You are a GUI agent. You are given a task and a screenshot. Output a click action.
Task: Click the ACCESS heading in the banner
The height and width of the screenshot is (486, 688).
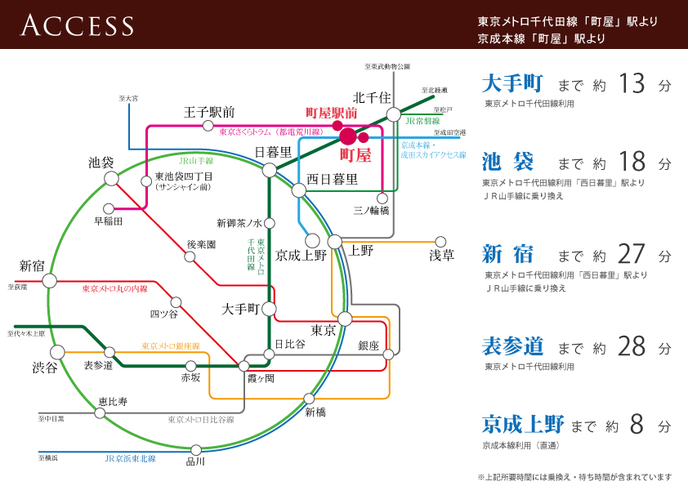click(78, 25)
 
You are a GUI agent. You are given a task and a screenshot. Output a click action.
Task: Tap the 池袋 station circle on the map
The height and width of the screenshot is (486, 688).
click(110, 181)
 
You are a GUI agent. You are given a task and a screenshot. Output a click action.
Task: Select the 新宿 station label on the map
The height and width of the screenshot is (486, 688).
click(33, 265)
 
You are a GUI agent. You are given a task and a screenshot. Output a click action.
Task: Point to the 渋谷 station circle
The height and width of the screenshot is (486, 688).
click(57, 352)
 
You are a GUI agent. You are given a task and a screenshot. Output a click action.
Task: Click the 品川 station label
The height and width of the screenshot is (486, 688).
click(196, 462)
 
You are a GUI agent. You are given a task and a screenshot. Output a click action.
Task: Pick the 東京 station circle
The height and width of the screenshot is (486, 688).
click(345, 319)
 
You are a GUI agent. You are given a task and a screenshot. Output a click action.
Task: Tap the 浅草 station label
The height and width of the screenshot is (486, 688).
click(441, 256)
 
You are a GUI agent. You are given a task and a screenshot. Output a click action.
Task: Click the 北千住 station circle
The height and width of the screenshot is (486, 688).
click(394, 114)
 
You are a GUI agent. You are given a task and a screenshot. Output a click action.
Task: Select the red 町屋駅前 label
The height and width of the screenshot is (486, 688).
click(332, 113)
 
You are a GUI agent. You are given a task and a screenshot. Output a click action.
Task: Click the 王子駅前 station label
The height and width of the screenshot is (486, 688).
click(210, 112)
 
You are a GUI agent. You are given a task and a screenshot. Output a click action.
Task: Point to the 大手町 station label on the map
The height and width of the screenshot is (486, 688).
click(241, 309)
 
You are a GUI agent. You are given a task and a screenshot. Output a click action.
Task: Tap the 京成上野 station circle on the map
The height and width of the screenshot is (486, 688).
click(312, 240)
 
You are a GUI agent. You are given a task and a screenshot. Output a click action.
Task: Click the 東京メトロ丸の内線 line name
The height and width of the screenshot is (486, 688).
click(115, 289)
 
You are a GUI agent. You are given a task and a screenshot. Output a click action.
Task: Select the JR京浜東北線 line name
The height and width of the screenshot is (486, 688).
click(131, 459)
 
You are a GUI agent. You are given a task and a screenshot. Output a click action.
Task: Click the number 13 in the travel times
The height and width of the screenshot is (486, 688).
click(632, 83)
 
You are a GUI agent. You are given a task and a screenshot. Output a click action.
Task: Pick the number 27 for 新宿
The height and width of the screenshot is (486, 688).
click(632, 256)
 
